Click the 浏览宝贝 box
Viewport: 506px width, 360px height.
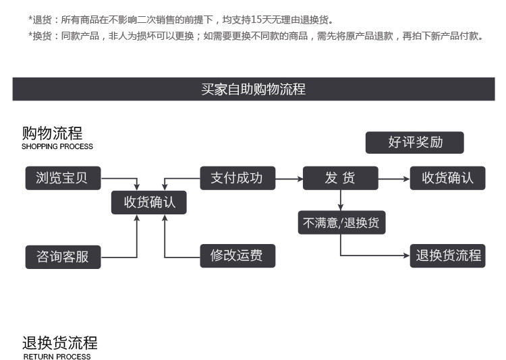click(x=63, y=178)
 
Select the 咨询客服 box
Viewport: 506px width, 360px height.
click(x=63, y=257)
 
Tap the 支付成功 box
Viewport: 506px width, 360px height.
click(x=237, y=178)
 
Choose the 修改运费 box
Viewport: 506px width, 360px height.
click(x=237, y=256)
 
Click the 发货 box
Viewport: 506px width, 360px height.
click(x=341, y=178)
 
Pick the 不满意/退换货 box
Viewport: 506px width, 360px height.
click(x=342, y=222)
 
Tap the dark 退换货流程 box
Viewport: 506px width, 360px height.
click(x=447, y=256)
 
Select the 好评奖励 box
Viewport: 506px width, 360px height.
click(x=415, y=142)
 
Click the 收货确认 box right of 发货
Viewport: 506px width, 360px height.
click(x=447, y=178)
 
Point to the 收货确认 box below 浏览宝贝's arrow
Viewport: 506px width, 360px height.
click(x=149, y=202)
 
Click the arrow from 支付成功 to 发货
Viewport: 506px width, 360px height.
click(x=289, y=179)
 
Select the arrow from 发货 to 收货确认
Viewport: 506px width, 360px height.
click(x=394, y=179)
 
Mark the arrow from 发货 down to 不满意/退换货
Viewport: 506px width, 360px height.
click(x=341, y=200)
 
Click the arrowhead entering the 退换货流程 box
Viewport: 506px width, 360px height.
click(x=407, y=256)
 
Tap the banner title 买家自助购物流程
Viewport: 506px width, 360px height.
click(x=253, y=89)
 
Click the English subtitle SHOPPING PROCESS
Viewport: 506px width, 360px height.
click(x=57, y=146)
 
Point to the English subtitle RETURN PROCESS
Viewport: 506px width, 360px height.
click(x=57, y=357)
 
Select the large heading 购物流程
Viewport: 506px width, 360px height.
click(x=52, y=133)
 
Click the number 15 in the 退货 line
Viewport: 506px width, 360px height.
click(x=256, y=20)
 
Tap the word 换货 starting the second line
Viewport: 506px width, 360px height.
click(x=42, y=36)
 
